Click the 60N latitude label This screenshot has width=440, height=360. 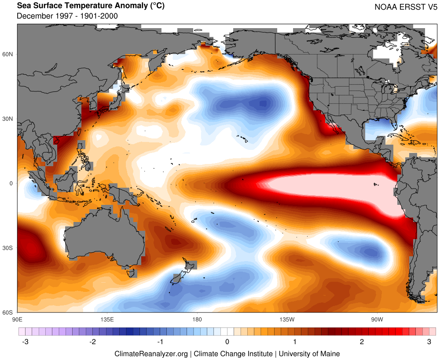pyautogui.click(x=8, y=54)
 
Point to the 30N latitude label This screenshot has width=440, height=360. pyautogui.click(x=8, y=119)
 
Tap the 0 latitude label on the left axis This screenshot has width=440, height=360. pyautogui.click(x=12, y=183)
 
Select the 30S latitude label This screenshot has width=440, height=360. pyautogui.click(x=8, y=248)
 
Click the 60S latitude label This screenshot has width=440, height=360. pyautogui.click(x=8, y=313)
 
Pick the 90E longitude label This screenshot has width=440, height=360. pyautogui.click(x=17, y=319)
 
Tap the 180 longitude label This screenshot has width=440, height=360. pyautogui.click(x=197, y=319)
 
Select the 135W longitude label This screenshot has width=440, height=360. pyautogui.click(x=286, y=319)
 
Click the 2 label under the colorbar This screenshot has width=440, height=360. pyautogui.click(x=362, y=342)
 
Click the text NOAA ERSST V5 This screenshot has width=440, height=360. pyautogui.click(x=406, y=7)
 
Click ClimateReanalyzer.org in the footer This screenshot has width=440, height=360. pyautogui.click(x=151, y=353)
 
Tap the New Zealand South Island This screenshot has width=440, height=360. pyautogui.click(x=178, y=278)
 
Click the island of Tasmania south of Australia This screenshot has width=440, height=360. pyautogui.click(x=131, y=273)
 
